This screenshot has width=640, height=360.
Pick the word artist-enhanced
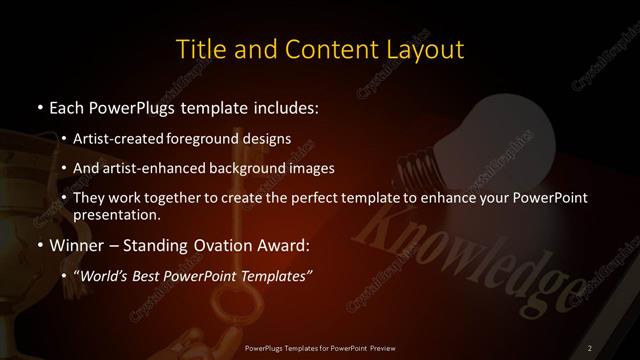click(160, 167)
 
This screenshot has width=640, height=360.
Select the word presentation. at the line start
click(116, 214)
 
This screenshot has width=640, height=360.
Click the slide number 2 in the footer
click(591, 347)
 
